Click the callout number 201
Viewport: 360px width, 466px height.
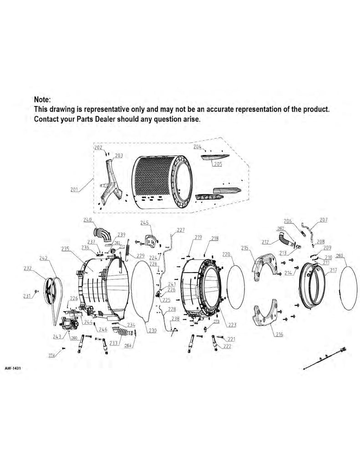(x=74, y=189)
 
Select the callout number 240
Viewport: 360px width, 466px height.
(x=88, y=219)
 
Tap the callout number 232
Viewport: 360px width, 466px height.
(x=28, y=268)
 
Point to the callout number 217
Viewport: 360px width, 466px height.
(x=333, y=270)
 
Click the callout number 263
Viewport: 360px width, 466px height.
(x=339, y=255)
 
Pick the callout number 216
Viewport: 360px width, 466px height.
(x=279, y=334)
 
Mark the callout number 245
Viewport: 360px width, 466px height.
(x=144, y=223)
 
